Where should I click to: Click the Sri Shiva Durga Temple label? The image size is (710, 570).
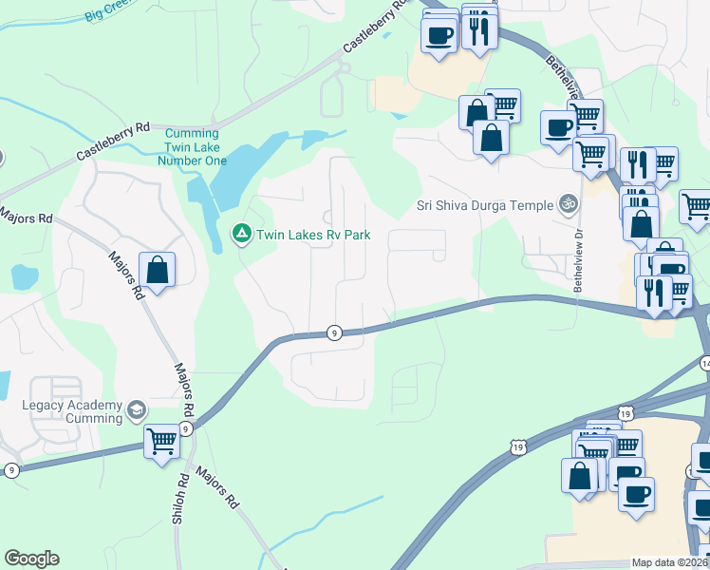point(484,204)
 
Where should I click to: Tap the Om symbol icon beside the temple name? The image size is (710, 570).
point(569,203)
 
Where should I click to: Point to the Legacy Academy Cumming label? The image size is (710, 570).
point(72,411)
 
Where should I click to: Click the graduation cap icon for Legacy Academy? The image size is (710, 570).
point(137,410)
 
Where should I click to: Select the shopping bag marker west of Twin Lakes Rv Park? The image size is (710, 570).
point(157,269)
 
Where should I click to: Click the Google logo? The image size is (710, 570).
point(31,559)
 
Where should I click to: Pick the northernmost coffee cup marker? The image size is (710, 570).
point(439,36)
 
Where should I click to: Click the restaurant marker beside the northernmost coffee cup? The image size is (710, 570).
point(479,30)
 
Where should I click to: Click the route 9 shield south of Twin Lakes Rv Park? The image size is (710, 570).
point(334,332)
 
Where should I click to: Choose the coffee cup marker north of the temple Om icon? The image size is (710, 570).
point(557,126)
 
